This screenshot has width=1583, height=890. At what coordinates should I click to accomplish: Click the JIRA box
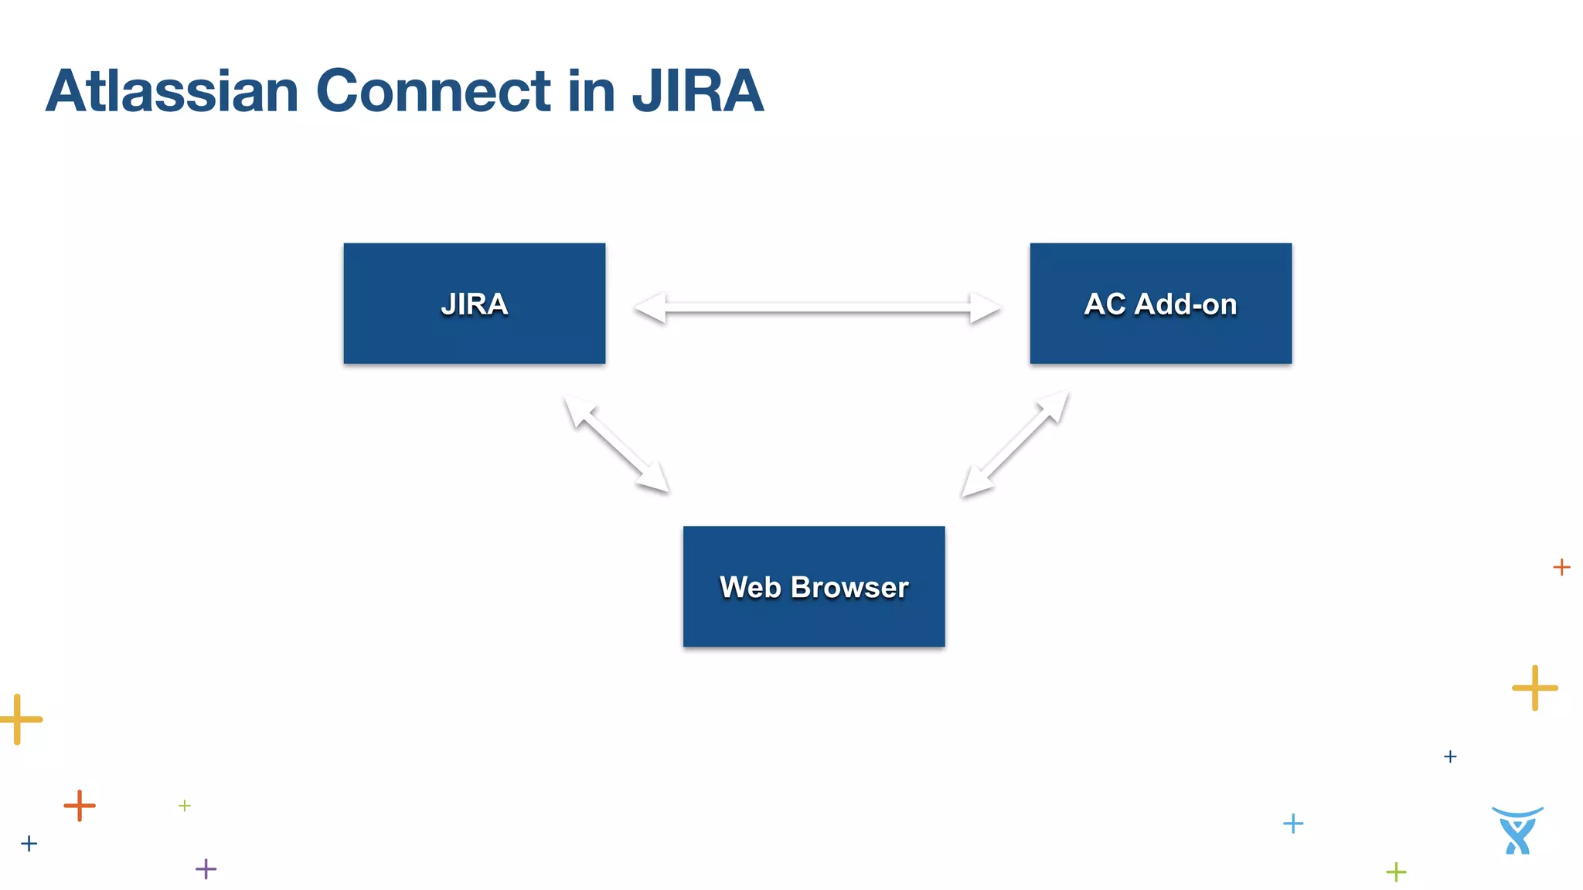tap(474, 303)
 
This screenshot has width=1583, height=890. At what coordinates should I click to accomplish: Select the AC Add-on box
tap(1160, 303)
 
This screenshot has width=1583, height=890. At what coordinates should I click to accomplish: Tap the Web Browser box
tap(813, 586)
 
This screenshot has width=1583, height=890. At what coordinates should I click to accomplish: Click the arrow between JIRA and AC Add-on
tap(817, 308)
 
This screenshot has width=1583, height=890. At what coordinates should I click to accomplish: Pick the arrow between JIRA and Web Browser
tap(616, 444)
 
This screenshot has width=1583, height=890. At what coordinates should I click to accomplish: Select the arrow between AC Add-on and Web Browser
tap(1015, 444)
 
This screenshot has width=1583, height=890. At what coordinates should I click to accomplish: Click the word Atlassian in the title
tap(172, 91)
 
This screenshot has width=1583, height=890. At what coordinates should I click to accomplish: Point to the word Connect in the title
tap(433, 91)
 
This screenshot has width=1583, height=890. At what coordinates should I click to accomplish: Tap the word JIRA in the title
tap(697, 91)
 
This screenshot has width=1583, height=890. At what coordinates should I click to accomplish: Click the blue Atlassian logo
tap(1517, 831)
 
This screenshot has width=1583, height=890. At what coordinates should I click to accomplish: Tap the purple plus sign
tap(206, 868)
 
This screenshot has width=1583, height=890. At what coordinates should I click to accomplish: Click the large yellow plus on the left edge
tap(19, 719)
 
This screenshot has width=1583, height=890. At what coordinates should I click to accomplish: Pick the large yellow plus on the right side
tap(1534, 687)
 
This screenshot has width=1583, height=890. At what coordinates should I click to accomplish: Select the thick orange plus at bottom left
tap(80, 806)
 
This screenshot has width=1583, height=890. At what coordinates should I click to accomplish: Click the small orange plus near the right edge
tap(1561, 567)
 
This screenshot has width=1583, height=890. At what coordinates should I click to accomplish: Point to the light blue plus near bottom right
tap(1292, 824)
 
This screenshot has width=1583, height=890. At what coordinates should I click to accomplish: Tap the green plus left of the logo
tap(1396, 872)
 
